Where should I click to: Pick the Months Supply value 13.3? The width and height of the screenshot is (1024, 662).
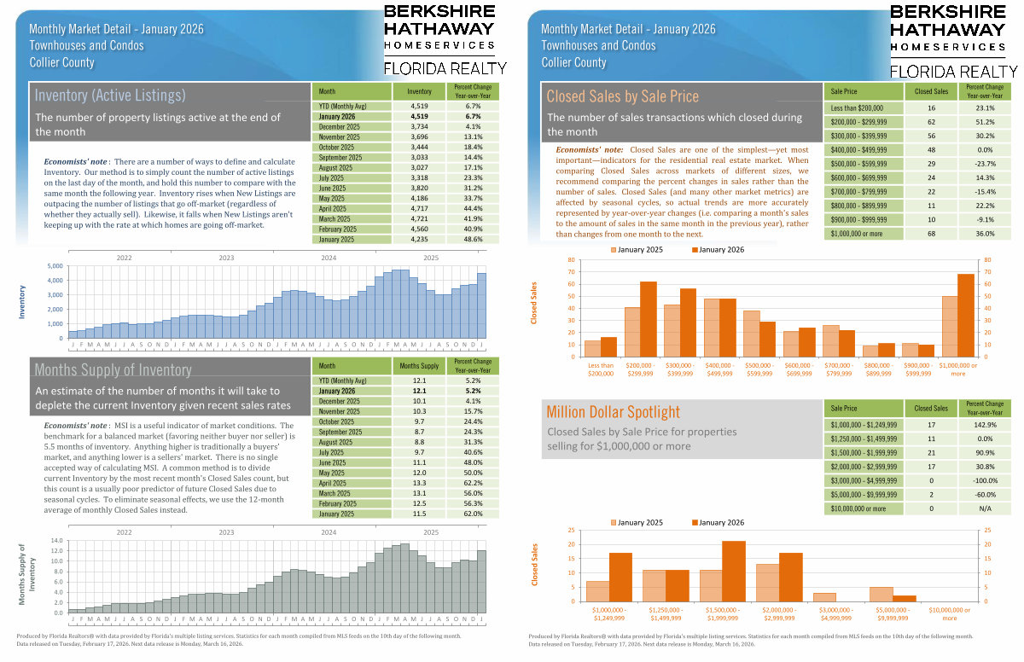[x=419, y=484]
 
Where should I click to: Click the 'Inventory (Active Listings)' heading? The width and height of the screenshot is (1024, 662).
[x=110, y=95]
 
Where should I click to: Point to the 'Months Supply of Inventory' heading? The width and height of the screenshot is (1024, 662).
[x=113, y=369]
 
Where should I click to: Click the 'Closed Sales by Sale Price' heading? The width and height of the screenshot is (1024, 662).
[x=622, y=96]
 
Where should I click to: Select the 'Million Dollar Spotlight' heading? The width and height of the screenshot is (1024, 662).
[x=613, y=412]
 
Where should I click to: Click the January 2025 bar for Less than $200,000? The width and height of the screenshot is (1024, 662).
[x=593, y=347]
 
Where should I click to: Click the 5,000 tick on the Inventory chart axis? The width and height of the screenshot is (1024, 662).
[x=55, y=266]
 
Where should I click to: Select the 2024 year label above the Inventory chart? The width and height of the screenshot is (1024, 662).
[x=328, y=257]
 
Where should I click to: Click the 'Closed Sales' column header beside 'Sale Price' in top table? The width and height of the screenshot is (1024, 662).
[x=931, y=90]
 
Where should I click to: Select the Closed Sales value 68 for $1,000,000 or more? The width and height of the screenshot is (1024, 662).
[x=931, y=233]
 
